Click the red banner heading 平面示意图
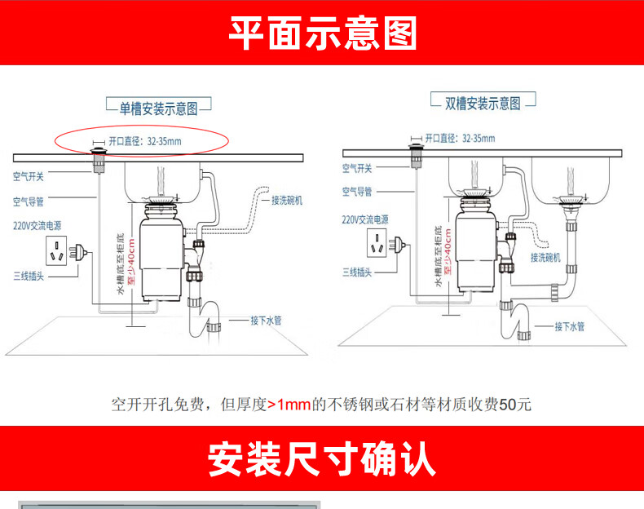pos(322,33)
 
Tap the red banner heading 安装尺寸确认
pos(322,459)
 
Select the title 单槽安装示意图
pos(159,108)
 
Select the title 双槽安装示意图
pos(483,104)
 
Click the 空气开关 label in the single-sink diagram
pos(29,175)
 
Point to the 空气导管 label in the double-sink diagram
pos(356,192)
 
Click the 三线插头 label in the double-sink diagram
pos(357,272)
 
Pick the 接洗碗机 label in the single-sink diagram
pos(287,201)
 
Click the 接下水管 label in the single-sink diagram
pos(266,321)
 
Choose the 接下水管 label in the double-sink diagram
pos(570,327)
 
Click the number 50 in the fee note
pos(508,405)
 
